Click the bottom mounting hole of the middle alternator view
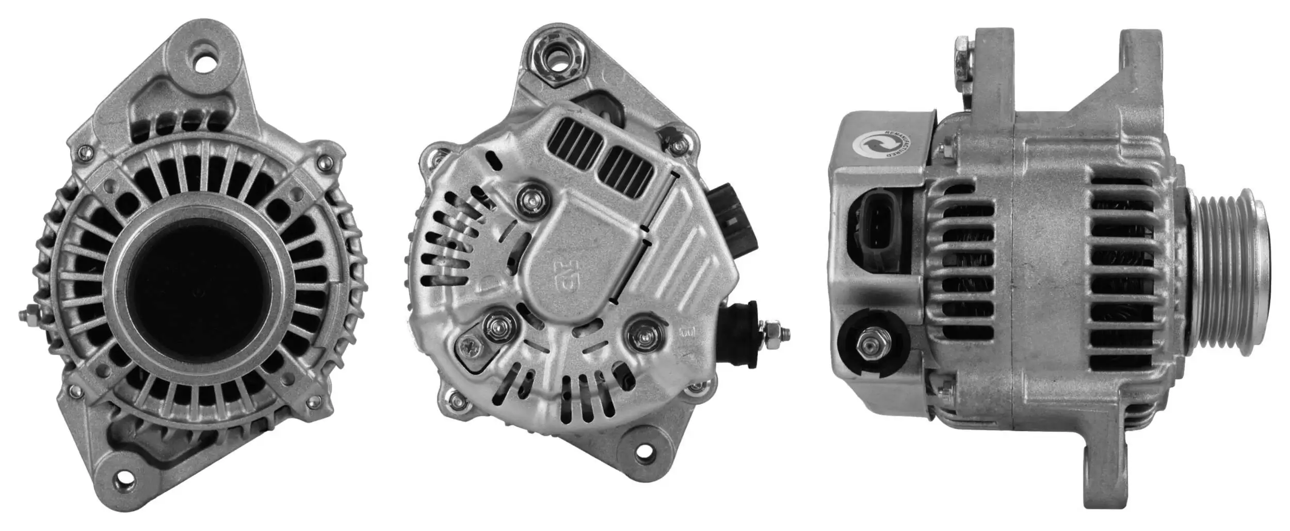tap(642, 453)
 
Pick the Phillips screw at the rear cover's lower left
tap(471, 348)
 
